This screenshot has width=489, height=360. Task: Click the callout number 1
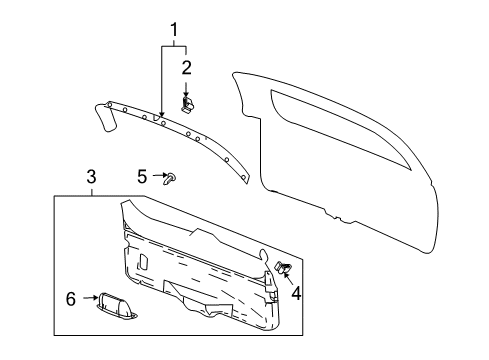(174, 30)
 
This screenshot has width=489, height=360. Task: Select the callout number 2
(186, 67)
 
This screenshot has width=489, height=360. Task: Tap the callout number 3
(91, 177)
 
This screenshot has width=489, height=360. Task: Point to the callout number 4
(296, 293)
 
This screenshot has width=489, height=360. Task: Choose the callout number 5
(142, 176)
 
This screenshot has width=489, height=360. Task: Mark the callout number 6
(71, 299)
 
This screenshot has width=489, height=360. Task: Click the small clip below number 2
(188, 105)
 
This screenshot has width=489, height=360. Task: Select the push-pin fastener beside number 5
(170, 179)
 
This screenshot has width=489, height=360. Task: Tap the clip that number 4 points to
(282, 267)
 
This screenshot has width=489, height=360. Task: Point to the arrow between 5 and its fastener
(160, 175)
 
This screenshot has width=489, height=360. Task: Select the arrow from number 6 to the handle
(90, 298)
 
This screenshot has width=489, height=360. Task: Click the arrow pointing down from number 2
(186, 90)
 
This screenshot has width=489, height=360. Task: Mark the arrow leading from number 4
(288, 279)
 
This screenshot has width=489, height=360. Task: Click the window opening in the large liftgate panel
(340, 128)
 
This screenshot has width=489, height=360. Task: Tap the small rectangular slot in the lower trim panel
(144, 262)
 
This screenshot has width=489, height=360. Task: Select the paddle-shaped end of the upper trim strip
(105, 117)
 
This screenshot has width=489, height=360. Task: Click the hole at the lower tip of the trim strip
(244, 177)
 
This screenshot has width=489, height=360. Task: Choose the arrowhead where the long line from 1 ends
(162, 114)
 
